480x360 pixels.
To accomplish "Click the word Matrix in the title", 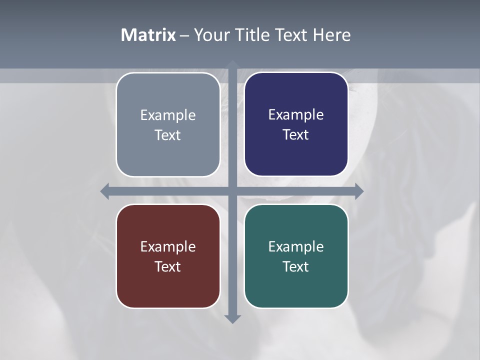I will pyautogui.click(x=148, y=35).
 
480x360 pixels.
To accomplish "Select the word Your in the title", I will pyautogui.click(x=209, y=35).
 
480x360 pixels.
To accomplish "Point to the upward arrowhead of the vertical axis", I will pyautogui.click(x=232, y=64).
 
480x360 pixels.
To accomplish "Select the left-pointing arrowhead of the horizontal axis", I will pyautogui.click(x=105, y=191).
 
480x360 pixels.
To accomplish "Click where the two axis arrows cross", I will pyautogui.click(x=232, y=191).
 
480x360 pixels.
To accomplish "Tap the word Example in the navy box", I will pyautogui.click(x=296, y=115).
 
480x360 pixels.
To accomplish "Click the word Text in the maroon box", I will pyautogui.click(x=167, y=266).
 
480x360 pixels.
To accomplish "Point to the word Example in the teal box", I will pyautogui.click(x=296, y=246).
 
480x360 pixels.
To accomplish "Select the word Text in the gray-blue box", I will pyautogui.click(x=167, y=135).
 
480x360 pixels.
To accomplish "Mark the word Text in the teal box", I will pyautogui.click(x=295, y=266).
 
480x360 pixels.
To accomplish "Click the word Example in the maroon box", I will pyautogui.click(x=168, y=246).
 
